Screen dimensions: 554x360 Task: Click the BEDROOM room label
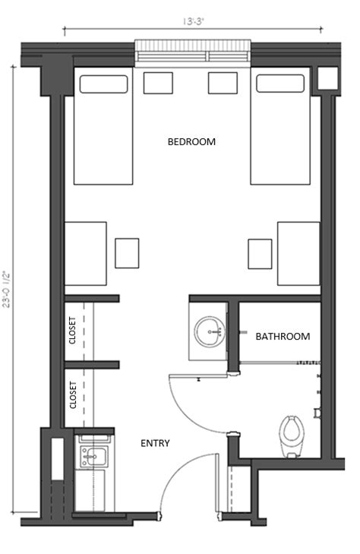click(x=191, y=141)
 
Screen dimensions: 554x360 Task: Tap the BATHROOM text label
click(x=283, y=336)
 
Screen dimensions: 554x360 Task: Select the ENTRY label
click(x=155, y=443)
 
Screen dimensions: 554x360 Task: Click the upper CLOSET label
click(x=73, y=331)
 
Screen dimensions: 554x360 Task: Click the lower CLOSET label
click(x=73, y=395)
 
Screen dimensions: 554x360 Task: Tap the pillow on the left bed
click(x=103, y=84)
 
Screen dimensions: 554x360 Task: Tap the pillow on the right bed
click(x=280, y=84)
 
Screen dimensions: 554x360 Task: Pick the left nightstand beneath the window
click(x=158, y=83)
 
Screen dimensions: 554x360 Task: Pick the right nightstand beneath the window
click(x=223, y=83)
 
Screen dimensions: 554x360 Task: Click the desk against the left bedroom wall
click(x=85, y=254)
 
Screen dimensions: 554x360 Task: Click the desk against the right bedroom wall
click(x=298, y=254)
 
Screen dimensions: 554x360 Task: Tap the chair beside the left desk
click(x=127, y=253)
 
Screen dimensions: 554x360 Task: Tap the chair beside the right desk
click(x=260, y=253)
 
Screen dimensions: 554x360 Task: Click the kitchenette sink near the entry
click(x=95, y=456)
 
